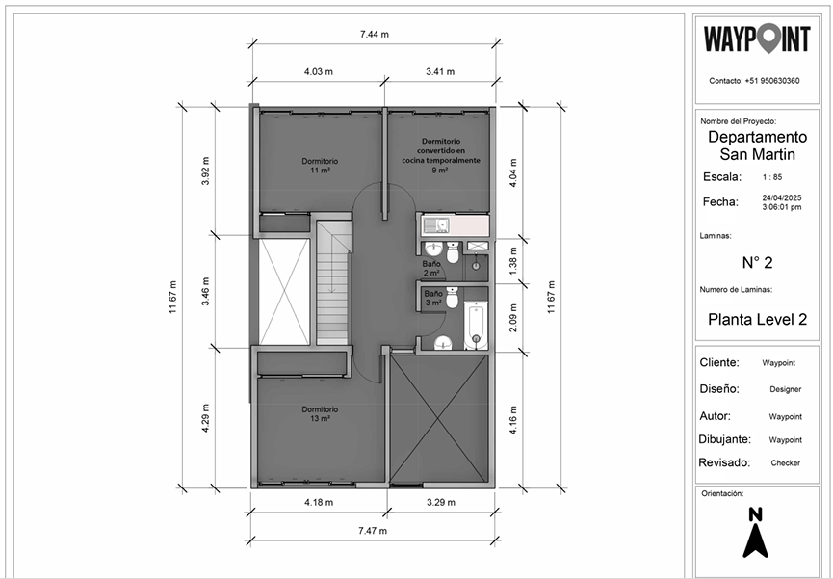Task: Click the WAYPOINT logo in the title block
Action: [x=756, y=39]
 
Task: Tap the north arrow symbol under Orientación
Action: [x=756, y=533]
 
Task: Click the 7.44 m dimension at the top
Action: [x=374, y=34]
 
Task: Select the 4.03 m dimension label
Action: [x=319, y=72]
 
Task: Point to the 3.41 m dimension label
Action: [x=440, y=72]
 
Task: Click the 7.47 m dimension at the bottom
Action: [x=373, y=531]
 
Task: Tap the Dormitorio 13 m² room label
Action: [x=319, y=413]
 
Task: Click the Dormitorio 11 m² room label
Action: [x=320, y=165]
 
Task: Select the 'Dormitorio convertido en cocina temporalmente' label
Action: [x=440, y=155]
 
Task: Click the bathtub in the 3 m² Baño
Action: [x=474, y=326]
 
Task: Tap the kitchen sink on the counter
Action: [x=440, y=225]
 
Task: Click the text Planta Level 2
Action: [x=756, y=319]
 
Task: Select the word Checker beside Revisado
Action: [x=785, y=462]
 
